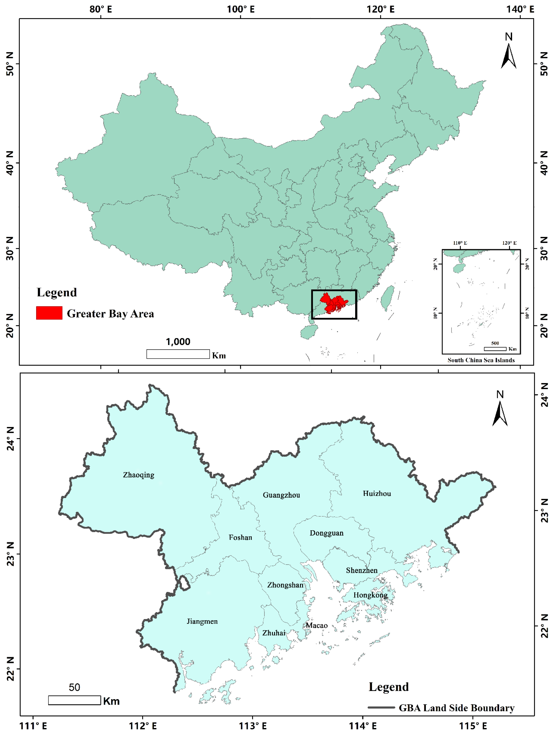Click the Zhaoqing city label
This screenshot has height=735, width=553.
pyautogui.click(x=138, y=475)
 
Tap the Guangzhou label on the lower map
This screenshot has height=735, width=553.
pyautogui.click(x=281, y=495)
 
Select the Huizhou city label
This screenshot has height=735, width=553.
pyautogui.click(x=377, y=493)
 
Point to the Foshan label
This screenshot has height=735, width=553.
pyautogui.click(x=240, y=537)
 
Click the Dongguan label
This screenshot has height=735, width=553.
pyautogui.click(x=326, y=533)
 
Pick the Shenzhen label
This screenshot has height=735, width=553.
pyautogui.click(x=362, y=570)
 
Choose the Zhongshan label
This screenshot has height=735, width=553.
pyautogui.click(x=285, y=585)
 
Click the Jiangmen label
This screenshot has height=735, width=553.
pyautogui.click(x=202, y=621)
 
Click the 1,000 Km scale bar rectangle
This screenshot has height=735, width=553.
pyautogui.click(x=178, y=354)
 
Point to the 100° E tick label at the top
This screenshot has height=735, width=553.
pyautogui.click(x=241, y=9)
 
